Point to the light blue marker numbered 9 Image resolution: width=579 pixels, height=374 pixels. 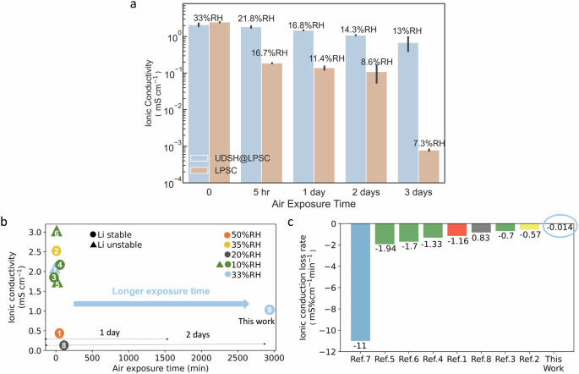point(269,310)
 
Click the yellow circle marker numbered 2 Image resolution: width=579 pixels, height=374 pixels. point(56,250)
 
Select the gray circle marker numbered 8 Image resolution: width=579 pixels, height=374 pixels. point(63,345)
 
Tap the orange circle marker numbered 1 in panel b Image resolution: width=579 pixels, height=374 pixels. point(59,333)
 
